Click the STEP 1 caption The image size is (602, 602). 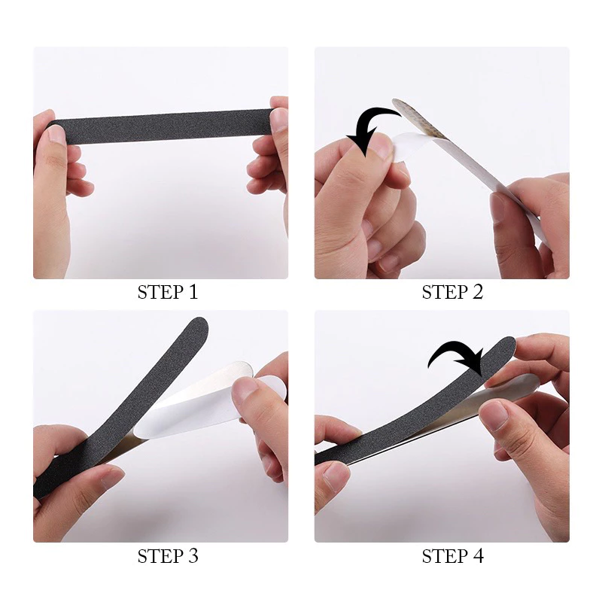[168, 292]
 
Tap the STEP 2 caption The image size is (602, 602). [452, 292]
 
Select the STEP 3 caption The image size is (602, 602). [168, 556]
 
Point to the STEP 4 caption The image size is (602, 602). [452, 556]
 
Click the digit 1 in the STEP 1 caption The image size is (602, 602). [193, 292]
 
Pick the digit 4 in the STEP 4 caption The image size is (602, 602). [478, 556]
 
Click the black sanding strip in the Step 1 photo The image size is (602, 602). [160, 127]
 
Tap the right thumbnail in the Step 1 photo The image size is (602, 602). [279, 120]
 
